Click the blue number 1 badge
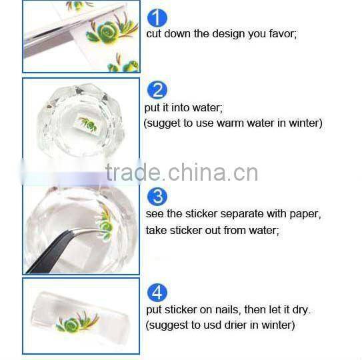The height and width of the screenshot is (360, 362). coord(157,18)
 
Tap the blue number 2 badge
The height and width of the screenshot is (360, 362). coord(157,90)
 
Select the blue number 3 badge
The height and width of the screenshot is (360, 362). coord(157,197)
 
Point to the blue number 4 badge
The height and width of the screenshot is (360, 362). coord(157,293)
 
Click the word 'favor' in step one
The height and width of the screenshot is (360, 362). coord(280,33)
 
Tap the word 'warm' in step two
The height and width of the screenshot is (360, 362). coord(232,123)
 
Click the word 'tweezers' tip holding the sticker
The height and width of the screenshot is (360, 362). coord(93,231)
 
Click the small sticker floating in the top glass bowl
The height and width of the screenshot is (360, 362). coord(87,123)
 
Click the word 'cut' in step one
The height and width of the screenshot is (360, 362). coord(154,33)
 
